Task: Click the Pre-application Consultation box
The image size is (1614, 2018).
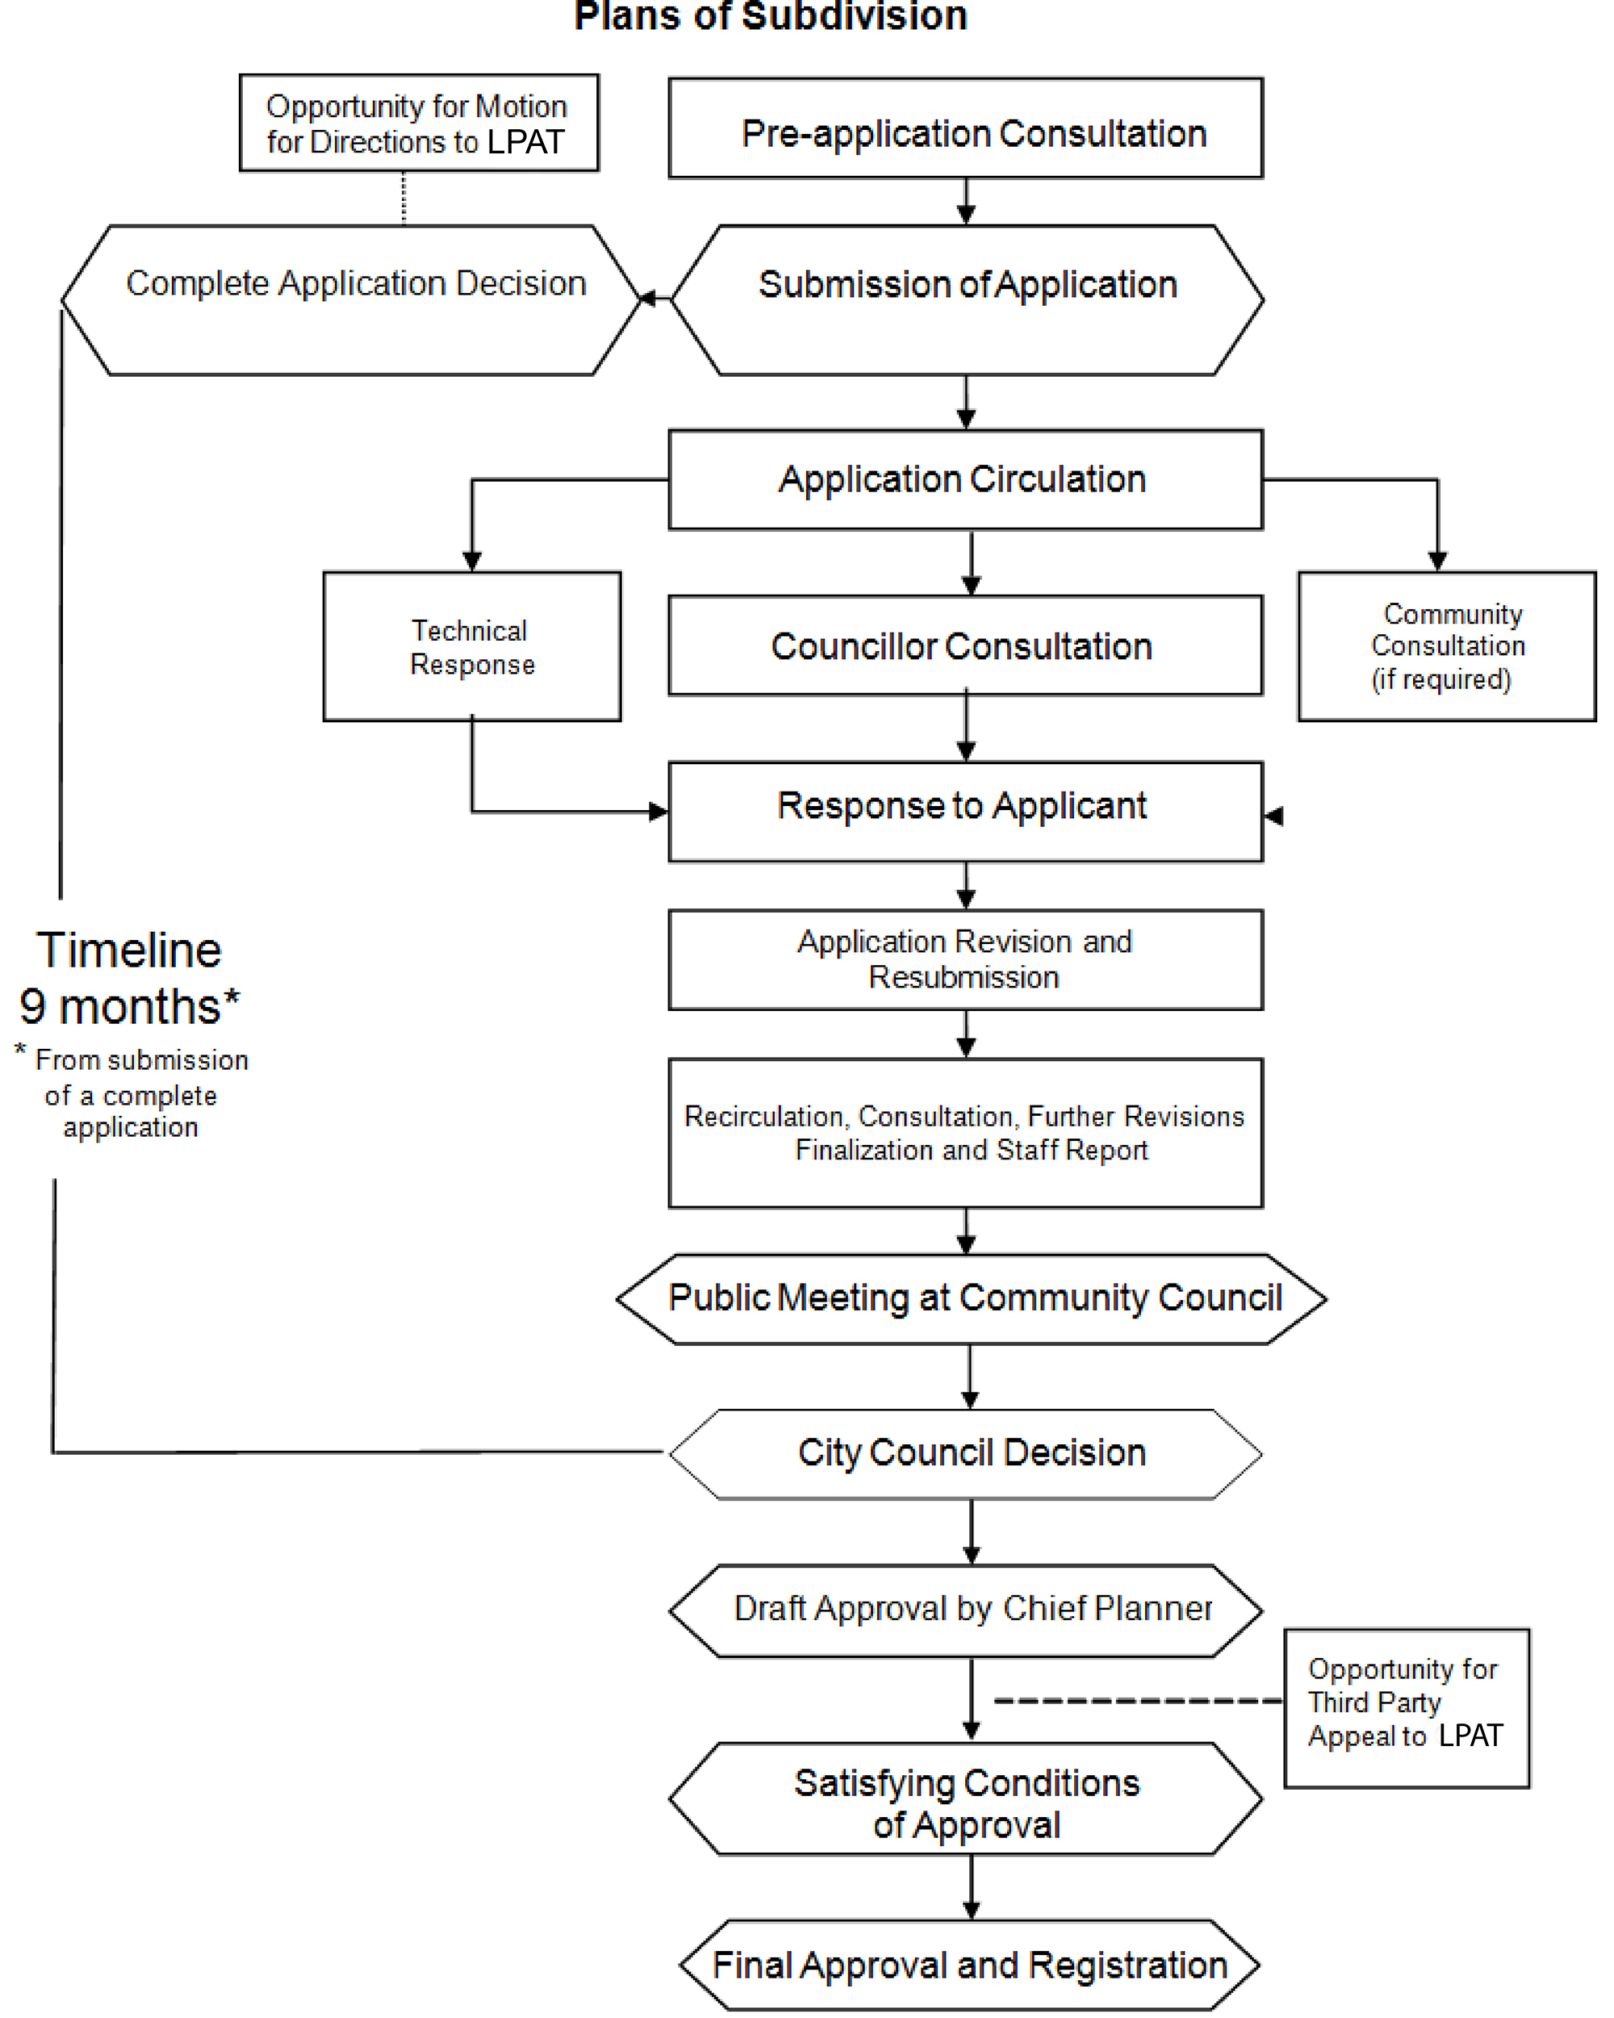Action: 965,128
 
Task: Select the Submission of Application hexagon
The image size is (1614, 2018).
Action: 967,299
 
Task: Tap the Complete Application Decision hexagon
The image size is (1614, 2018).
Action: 351,299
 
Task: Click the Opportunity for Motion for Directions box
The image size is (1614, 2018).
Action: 419,123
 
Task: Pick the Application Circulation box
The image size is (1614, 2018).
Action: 965,479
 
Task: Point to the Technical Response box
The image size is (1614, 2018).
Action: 472,646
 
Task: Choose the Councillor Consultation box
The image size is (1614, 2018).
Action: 965,646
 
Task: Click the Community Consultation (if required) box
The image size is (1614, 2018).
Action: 1446,646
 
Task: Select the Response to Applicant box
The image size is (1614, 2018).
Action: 965,812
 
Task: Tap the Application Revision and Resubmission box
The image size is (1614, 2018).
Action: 965,959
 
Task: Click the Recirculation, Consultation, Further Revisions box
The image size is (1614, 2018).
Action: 965,1134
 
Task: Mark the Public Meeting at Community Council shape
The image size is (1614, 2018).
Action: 971,1299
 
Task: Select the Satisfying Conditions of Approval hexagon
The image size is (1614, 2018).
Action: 965,1798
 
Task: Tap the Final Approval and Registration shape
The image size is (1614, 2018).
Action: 969,1965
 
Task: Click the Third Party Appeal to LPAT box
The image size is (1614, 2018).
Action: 1406,1708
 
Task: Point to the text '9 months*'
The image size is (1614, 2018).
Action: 129,1007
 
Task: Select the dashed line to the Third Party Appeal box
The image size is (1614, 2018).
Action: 1139,1700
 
